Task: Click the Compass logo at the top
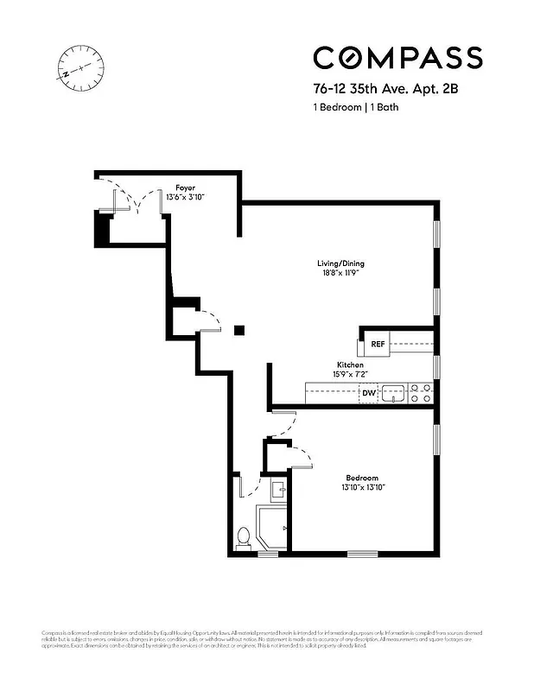(x=397, y=57)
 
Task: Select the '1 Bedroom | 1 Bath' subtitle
(x=355, y=107)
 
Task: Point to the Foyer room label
(x=185, y=187)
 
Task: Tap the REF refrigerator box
(x=378, y=344)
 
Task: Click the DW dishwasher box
(x=369, y=394)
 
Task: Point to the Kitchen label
(x=350, y=365)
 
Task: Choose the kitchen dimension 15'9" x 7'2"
(x=350, y=375)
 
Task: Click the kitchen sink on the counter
(x=395, y=394)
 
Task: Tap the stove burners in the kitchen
(x=421, y=393)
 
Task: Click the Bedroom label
(x=362, y=478)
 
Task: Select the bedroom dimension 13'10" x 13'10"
(x=362, y=488)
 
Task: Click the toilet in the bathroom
(x=244, y=537)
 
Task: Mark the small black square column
(x=239, y=330)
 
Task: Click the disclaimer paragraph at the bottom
(x=266, y=638)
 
